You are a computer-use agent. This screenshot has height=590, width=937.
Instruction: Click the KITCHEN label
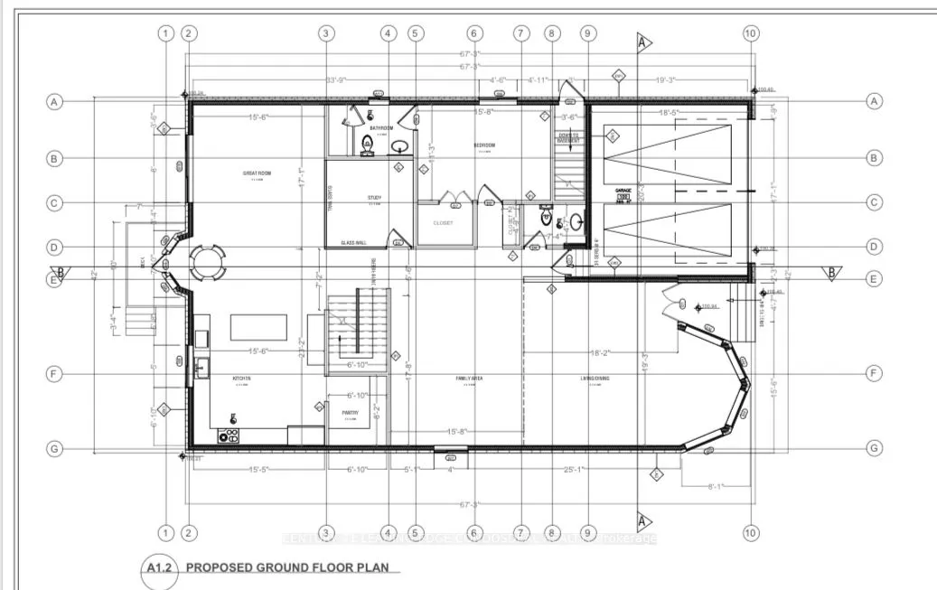[242, 379]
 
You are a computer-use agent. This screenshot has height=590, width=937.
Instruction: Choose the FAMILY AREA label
[470, 379]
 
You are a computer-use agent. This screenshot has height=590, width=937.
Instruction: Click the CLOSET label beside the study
[443, 222]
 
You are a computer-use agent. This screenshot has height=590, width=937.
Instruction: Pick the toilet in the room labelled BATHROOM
[368, 143]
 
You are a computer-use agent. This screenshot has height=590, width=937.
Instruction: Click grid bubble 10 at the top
[750, 33]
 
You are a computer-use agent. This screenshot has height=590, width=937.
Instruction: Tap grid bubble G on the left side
[54, 448]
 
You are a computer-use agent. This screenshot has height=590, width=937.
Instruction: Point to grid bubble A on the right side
[874, 101]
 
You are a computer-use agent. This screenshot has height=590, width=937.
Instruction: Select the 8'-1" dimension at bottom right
[717, 486]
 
